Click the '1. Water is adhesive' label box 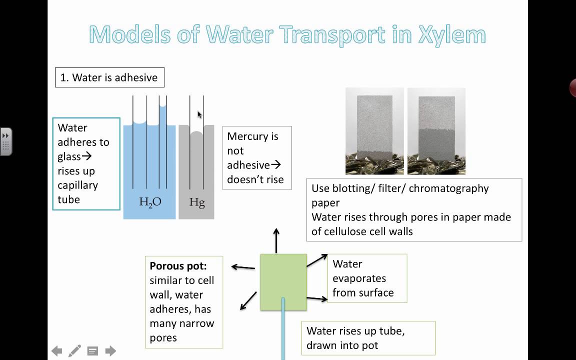(x=109, y=77)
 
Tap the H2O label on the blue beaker (x=150, y=202)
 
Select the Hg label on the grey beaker (x=197, y=203)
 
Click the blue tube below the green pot (x=283, y=330)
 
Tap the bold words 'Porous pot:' (x=177, y=266)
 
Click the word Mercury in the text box (x=252, y=136)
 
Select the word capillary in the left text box (x=77, y=185)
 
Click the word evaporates (x=359, y=278)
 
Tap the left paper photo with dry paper (x=375, y=131)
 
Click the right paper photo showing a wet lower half (x=436, y=131)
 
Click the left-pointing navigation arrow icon (x=57, y=351)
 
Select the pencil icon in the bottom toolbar (x=74, y=351)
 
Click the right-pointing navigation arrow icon (x=110, y=351)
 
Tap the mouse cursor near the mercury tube (x=199, y=115)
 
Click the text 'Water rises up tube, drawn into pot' (x=355, y=338)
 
